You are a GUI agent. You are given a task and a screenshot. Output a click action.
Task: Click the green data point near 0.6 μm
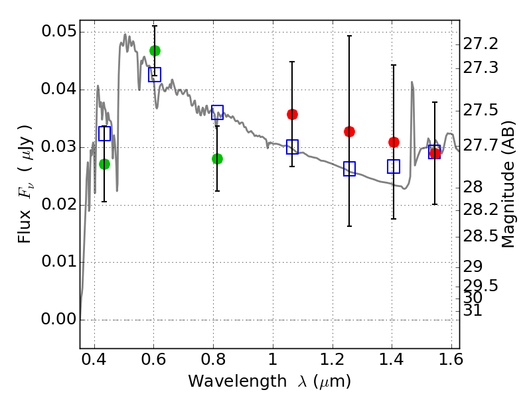tap(155, 51)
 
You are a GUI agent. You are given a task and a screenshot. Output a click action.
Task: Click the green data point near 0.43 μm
tap(104, 164)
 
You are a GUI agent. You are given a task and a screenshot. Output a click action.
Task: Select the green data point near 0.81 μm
tap(217, 159)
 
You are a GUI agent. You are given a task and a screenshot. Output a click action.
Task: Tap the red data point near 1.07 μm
tap(292, 114)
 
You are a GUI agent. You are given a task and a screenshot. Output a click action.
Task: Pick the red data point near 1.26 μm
tap(349, 131)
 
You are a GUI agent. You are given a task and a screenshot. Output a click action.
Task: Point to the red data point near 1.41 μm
tap(394, 142)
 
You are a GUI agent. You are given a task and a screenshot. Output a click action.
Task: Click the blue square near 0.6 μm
tap(155, 74)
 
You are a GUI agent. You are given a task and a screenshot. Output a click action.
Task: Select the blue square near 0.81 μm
tap(217, 112)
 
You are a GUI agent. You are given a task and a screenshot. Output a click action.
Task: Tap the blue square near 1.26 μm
tap(349, 169)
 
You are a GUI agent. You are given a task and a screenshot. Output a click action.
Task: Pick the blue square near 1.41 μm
tap(394, 166)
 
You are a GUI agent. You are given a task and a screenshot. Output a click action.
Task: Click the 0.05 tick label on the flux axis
tap(58, 32)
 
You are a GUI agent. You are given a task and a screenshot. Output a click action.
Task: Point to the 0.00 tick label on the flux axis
tap(58, 319)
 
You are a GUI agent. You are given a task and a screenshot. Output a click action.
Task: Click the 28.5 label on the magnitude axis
tap(481, 237)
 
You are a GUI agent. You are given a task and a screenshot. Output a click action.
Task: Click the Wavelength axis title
tap(269, 381)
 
